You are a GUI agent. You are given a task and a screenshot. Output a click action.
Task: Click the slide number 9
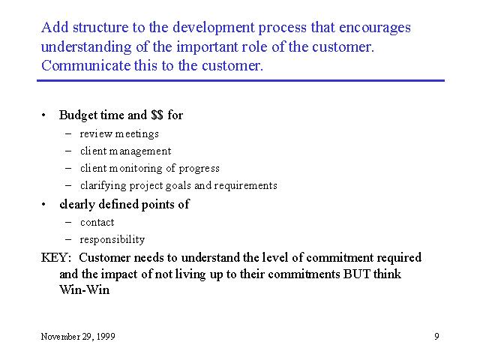(x=436, y=337)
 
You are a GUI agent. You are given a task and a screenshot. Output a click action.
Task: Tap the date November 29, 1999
(x=78, y=337)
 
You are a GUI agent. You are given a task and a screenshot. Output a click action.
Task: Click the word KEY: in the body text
(x=56, y=257)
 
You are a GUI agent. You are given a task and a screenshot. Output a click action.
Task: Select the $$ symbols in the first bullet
(x=157, y=115)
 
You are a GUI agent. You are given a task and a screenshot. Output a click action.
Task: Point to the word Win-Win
(x=85, y=289)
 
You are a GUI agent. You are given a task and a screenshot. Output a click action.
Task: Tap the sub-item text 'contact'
(x=97, y=223)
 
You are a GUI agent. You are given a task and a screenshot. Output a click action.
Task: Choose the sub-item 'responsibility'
(x=112, y=240)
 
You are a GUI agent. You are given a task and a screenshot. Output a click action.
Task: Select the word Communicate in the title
(x=85, y=65)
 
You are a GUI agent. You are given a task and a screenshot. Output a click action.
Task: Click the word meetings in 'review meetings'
(x=136, y=134)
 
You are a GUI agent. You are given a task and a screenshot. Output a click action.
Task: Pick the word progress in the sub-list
(x=199, y=169)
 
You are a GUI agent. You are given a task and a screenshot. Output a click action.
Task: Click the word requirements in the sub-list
(x=245, y=186)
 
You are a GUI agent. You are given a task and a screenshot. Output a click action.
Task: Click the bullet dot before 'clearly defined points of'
(x=43, y=205)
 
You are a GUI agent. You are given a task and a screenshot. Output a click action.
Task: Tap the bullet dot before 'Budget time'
(x=43, y=115)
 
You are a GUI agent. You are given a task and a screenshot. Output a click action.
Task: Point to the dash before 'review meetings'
(x=68, y=134)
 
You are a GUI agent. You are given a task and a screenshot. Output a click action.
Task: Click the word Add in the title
(x=55, y=27)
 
